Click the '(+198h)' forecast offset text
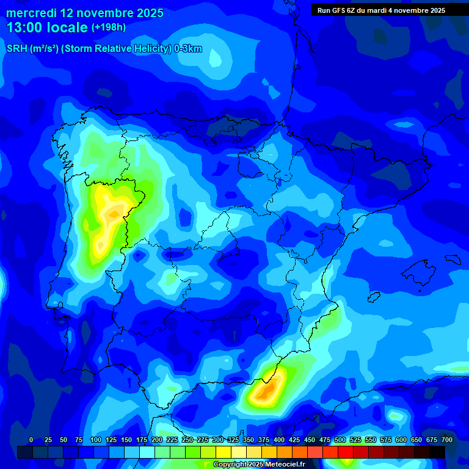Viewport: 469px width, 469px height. [108, 27]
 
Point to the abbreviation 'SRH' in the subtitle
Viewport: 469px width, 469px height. [16, 49]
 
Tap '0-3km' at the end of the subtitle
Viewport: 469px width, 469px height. [187, 49]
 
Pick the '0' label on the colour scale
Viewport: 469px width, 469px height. [31, 440]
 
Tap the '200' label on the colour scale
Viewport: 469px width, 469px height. [157, 440]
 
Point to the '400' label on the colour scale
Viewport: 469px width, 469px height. [279, 440]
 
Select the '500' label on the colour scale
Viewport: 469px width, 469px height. [340, 440]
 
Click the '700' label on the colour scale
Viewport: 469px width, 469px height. [447, 440]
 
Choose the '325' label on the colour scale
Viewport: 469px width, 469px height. [233, 440]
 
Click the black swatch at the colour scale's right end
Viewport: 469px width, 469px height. [437, 452]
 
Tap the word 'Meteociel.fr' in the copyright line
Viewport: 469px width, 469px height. [285, 464]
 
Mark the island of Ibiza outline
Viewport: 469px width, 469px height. [373, 297]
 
